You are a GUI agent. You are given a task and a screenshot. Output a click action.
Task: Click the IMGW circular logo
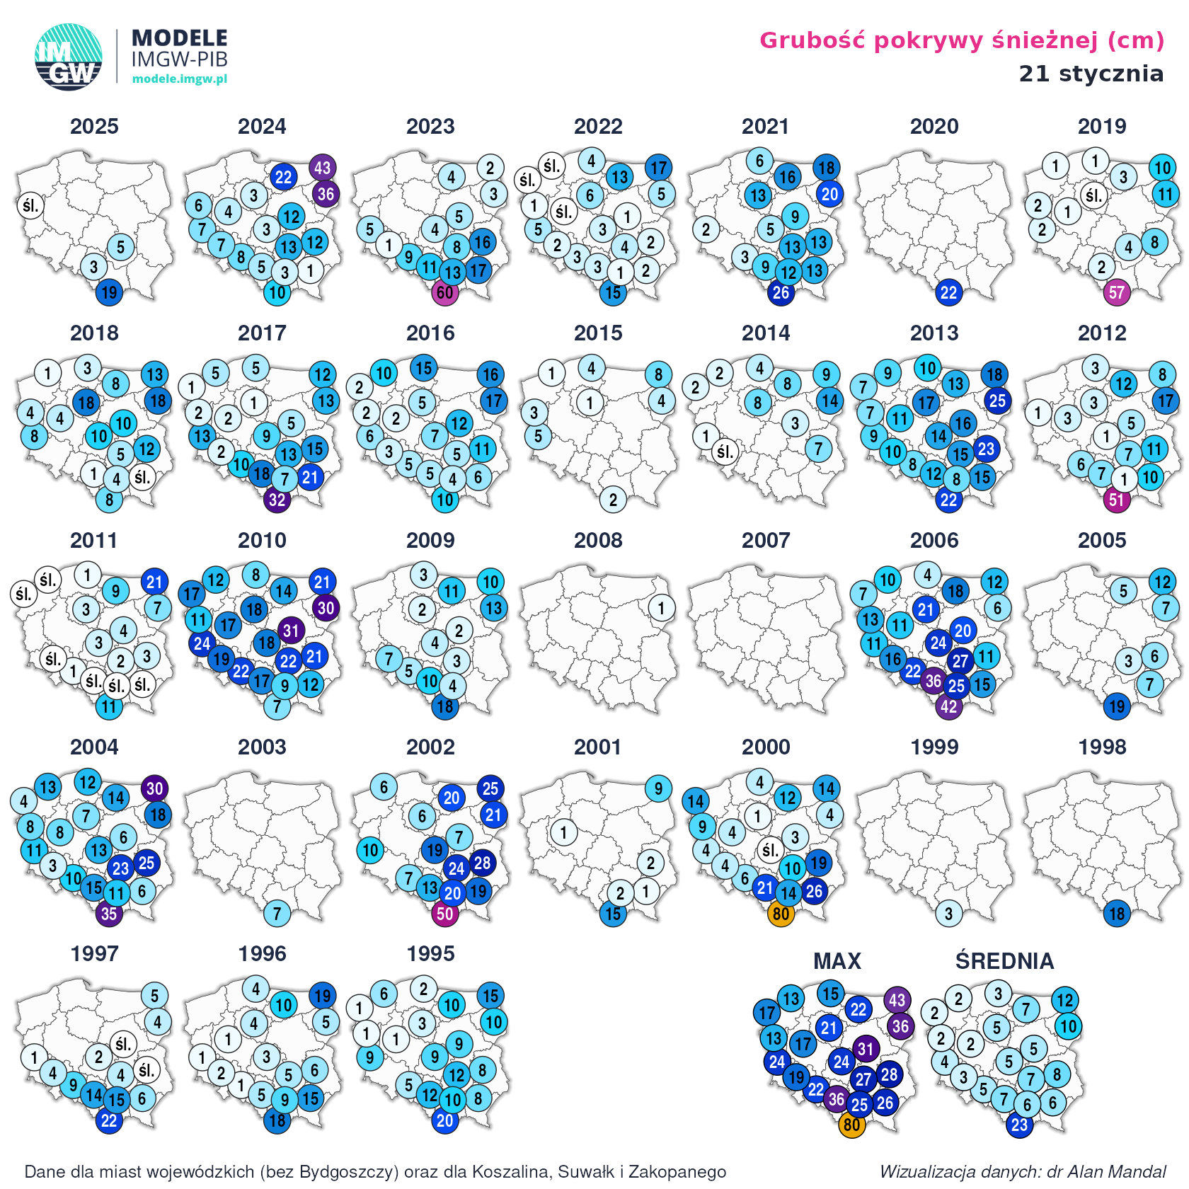click(x=68, y=57)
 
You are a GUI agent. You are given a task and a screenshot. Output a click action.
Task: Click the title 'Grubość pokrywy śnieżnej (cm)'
click(x=961, y=40)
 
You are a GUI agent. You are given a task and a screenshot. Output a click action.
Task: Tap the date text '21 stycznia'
click(x=1091, y=74)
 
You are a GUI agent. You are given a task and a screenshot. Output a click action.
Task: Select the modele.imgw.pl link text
click(x=180, y=79)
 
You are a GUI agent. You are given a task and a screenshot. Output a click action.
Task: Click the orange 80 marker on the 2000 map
click(x=781, y=914)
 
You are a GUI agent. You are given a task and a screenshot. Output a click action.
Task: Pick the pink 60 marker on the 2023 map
click(x=444, y=292)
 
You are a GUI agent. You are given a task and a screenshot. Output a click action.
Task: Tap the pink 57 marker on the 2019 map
click(x=1116, y=292)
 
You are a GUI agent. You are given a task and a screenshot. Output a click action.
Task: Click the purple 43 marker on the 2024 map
click(x=322, y=168)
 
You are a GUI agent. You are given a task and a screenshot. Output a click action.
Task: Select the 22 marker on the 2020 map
click(x=948, y=292)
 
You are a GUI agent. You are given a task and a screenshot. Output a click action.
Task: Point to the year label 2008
click(x=598, y=541)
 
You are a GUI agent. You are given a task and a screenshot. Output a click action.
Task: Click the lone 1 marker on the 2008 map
click(x=661, y=608)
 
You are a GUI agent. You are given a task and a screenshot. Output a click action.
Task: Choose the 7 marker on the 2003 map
click(x=277, y=914)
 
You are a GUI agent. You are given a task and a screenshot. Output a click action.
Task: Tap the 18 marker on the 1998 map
click(x=1116, y=914)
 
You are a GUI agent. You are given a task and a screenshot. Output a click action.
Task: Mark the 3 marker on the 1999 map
click(x=948, y=914)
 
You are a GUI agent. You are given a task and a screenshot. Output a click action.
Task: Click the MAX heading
click(x=837, y=961)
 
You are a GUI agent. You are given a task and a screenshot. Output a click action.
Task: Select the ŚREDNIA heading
click(x=1004, y=961)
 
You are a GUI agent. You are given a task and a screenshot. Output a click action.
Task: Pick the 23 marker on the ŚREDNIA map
click(x=1019, y=1125)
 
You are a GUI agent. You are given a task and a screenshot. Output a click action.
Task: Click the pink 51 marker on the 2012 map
click(x=1116, y=500)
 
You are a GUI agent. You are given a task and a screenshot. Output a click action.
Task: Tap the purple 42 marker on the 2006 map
click(x=948, y=706)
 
